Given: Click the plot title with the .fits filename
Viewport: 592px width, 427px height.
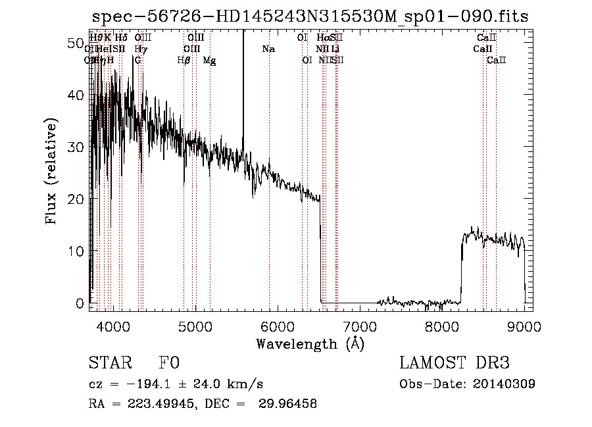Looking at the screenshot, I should tap(310, 16).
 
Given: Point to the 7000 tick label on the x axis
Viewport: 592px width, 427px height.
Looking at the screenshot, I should tap(360, 326).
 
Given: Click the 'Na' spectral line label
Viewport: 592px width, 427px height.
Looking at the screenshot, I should tap(268, 49).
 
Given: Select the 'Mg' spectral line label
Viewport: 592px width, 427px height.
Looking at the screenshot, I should tap(209, 61).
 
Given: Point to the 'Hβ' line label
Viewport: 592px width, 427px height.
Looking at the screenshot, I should tap(184, 61).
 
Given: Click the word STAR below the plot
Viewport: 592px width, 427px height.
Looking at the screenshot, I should tap(109, 364).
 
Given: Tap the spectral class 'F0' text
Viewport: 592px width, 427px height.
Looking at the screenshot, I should tap(169, 364).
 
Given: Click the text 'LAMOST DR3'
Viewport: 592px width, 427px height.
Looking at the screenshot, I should tap(454, 364).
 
